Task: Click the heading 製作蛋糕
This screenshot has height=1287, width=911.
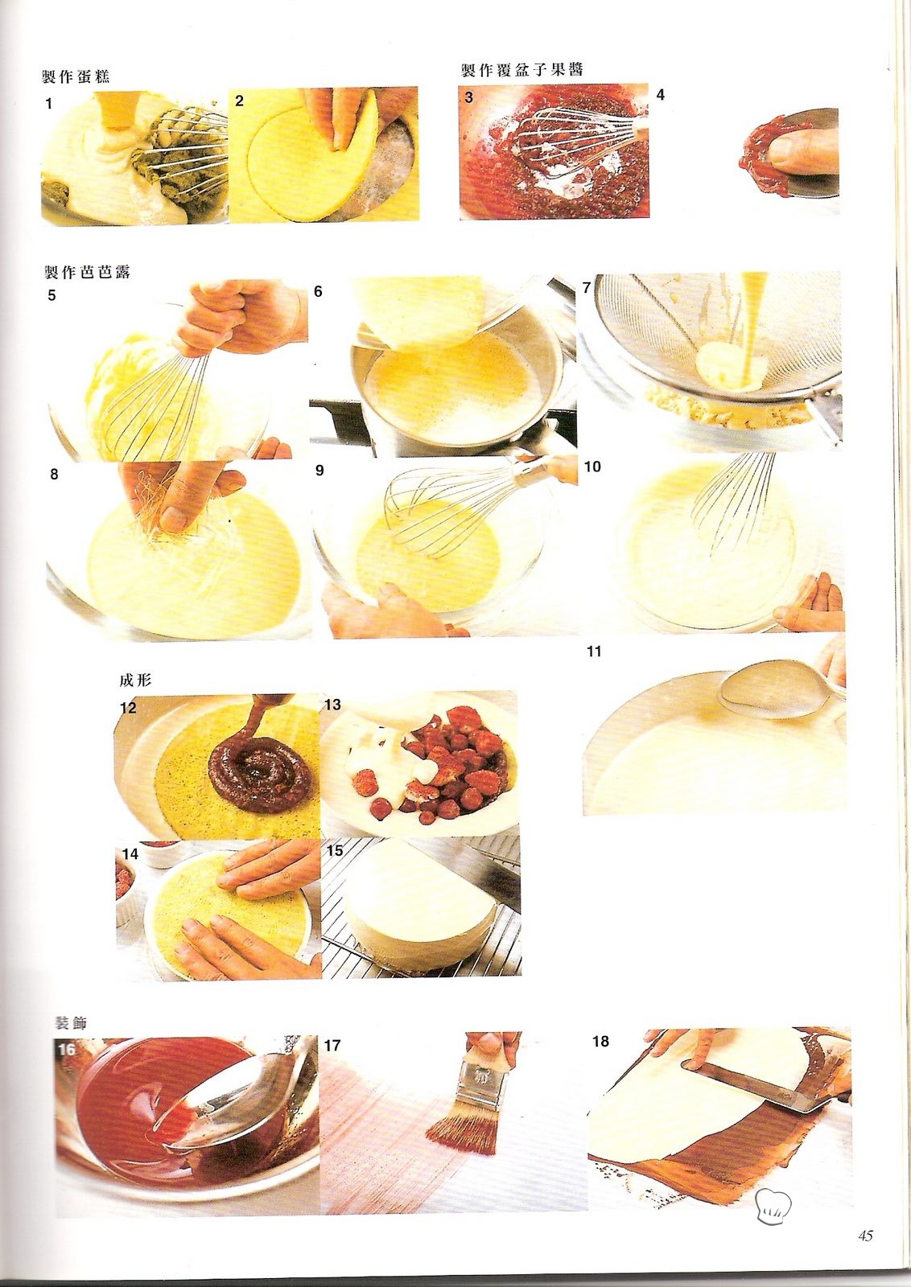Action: [x=76, y=76]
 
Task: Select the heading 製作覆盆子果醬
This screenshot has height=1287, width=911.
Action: [x=521, y=70]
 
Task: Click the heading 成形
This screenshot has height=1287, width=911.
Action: [x=135, y=681]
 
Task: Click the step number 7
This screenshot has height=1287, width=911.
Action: [x=587, y=288]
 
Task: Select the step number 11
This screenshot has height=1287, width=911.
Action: [x=594, y=652]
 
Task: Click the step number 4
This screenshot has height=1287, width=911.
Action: [x=661, y=95]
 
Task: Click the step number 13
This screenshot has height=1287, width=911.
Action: [x=333, y=705]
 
